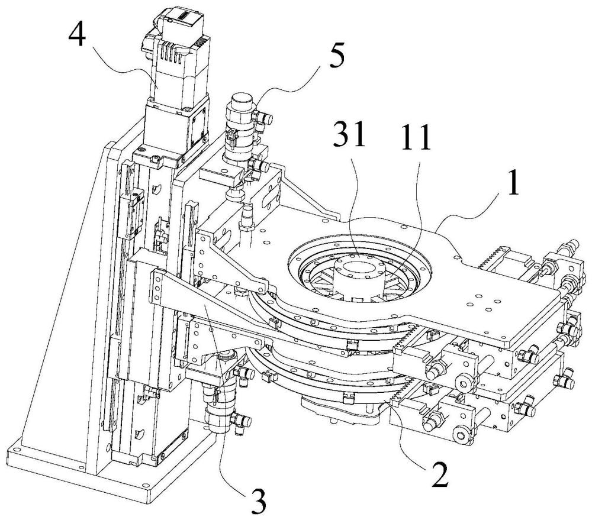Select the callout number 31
coord(349,134)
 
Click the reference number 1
coord(511,183)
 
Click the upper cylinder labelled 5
coord(242,125)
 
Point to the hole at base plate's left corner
coord(15,450)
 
